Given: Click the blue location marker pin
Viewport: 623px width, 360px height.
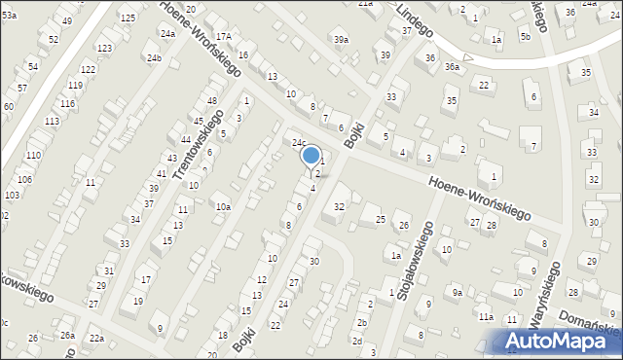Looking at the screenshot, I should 311,156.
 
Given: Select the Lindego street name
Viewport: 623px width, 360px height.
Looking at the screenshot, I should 414,20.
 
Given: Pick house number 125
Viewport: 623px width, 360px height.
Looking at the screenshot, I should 128,18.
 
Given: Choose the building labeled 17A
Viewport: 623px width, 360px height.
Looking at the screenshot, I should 224,36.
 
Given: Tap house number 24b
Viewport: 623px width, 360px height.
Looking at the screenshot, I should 154,58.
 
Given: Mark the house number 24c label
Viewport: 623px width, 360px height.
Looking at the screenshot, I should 300,142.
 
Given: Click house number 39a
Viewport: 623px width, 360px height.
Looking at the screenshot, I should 341,39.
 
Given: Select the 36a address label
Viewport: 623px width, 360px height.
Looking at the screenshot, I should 452,66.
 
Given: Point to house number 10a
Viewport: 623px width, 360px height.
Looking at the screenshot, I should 223,206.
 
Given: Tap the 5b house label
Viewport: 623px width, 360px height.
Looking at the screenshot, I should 525,36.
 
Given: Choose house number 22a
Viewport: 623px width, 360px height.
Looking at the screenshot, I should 96,338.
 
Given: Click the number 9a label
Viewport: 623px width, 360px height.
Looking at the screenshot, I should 457,292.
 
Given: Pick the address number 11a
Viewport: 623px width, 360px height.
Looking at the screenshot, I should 485,317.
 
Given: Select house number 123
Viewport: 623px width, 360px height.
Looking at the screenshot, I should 104,48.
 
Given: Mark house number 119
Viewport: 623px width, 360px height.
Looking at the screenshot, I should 75,86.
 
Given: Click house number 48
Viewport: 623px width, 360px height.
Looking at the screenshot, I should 211,101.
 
